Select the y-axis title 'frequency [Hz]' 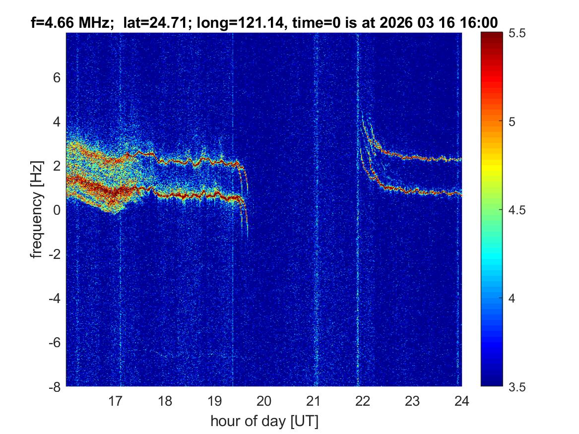click(36, 210)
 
